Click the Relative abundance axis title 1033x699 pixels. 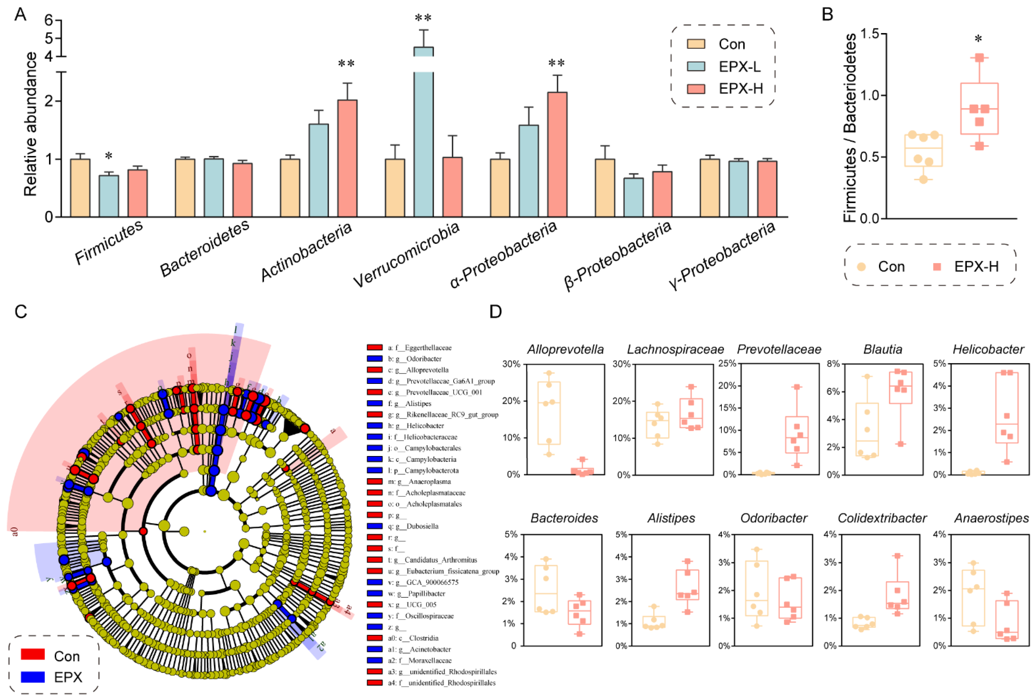(30, 124)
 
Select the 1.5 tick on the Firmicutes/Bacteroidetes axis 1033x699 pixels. (871, 34)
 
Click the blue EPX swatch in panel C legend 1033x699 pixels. (33, 677)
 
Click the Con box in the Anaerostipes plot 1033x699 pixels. (973, 598)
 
